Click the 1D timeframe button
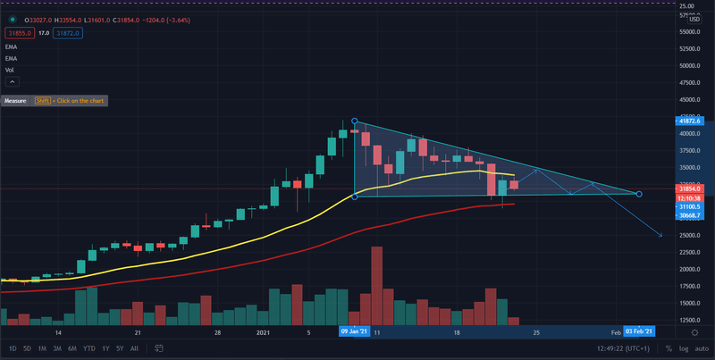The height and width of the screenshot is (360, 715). [13, 348]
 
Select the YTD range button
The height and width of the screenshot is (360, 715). [89, 348]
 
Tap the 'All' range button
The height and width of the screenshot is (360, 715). [134, 348]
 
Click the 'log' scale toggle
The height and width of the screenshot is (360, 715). [684, 348]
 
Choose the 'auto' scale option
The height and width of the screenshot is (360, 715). [702, 348]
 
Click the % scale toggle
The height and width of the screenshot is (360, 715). [668, 348]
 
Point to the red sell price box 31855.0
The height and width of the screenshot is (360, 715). [18, 33]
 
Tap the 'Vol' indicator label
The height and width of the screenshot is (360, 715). [10, 69]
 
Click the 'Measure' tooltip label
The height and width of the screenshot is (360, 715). [15, 101]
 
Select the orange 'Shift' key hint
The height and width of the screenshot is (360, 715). [42, 101]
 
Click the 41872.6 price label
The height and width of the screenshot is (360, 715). [694, 121]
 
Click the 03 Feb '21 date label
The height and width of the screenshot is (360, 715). [641, 331]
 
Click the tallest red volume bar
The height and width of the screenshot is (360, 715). [376, 285]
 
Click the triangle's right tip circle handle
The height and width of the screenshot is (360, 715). [639, 194]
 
